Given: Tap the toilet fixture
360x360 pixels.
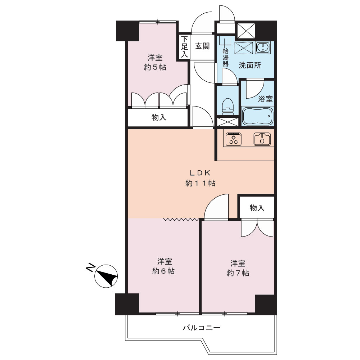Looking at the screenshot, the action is point(228,107).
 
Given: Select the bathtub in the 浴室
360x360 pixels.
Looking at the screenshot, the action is point(258,116).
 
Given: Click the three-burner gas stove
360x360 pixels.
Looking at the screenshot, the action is point(234,139).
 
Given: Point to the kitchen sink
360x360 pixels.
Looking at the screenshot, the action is point(262,139).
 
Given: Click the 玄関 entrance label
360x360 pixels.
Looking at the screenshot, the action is point(202,46).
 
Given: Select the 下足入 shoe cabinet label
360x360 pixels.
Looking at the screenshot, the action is point(184,46).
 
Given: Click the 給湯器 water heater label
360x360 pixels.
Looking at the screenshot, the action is point(225,57).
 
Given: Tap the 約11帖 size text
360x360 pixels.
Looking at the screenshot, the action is point(200,183).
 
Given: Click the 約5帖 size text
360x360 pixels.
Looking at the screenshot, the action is point(155,67).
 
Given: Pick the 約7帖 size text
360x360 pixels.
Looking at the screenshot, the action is point(238,273).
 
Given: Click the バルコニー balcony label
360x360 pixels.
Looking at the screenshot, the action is point(202,328).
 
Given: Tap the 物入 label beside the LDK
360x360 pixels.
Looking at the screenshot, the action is point(257,208).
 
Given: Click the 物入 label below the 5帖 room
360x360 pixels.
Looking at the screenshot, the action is point(159,118).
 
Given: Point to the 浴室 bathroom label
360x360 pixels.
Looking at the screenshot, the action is point(265,99).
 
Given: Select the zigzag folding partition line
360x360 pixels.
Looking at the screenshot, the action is point(181,220).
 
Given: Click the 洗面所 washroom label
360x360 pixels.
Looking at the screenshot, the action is point(250,66).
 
